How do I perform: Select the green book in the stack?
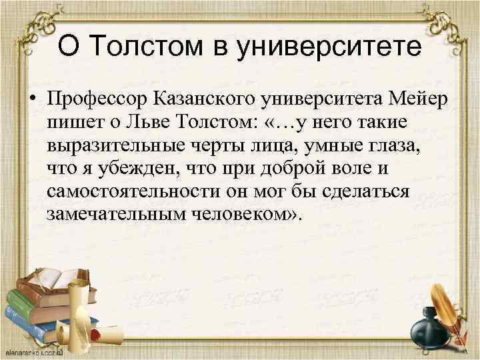[27, 326]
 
